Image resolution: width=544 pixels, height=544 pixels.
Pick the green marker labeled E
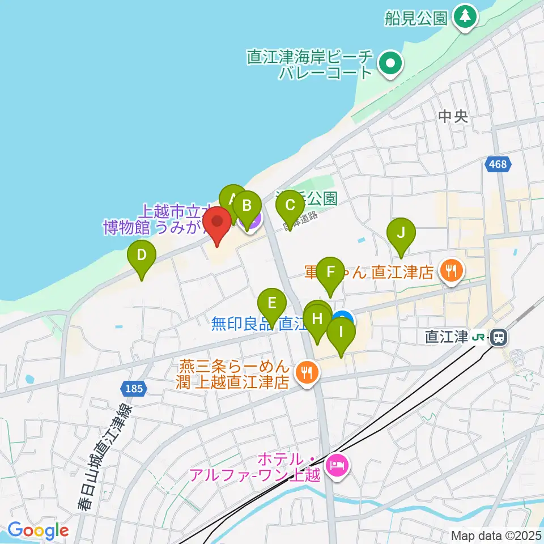click(x=272, y=304)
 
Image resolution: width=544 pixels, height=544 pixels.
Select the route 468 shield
click(x=499, y=165)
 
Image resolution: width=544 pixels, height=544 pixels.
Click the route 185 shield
click(x=134, y=389)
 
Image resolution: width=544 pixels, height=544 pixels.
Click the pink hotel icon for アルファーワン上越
click(x=338, y=466)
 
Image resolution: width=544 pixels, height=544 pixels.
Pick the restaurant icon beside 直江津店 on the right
click(x=452, y=271)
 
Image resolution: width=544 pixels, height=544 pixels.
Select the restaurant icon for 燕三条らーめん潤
click(x=307, y=372)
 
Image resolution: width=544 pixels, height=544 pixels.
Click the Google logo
click(x=38, y=531)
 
